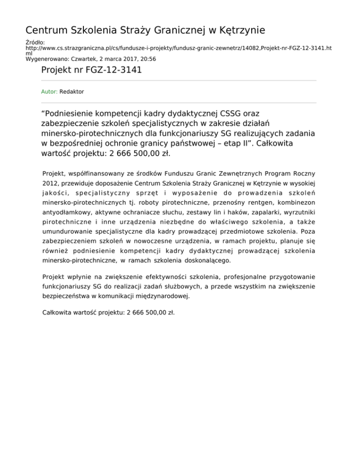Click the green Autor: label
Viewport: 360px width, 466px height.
(49, 92)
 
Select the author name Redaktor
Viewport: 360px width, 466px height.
(72, 92)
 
